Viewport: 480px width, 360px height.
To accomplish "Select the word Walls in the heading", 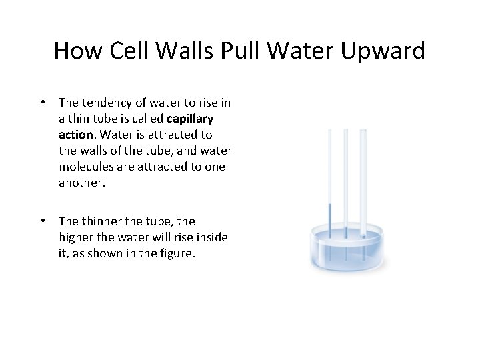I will tap(185, 51).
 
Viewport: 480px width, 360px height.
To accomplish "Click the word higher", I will tap(78, 237).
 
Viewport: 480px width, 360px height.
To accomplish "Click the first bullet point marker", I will tap(43, 103).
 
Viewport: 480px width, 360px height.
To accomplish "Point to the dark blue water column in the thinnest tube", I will tap(329, 227).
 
